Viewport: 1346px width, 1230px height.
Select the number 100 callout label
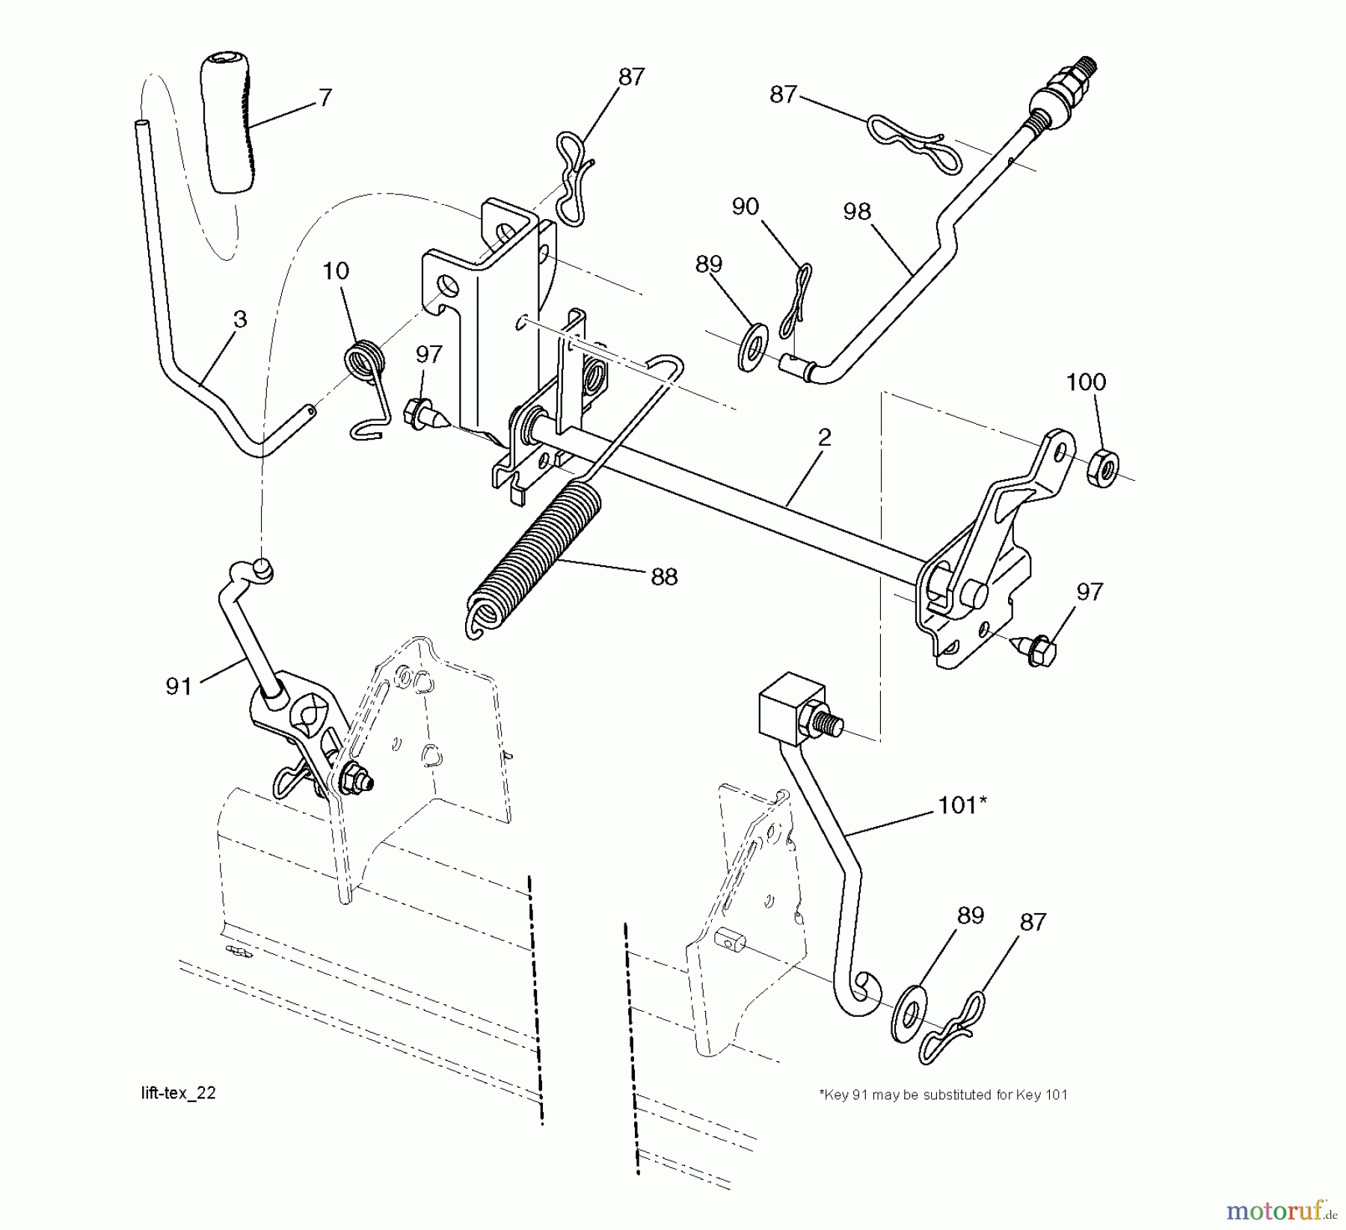(1086, 383)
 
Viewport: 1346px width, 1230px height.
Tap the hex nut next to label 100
(1102, 469)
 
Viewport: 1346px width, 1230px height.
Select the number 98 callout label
(857, 212)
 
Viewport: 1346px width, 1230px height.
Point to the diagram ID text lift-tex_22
(178, 1093)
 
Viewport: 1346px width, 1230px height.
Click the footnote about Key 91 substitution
(944, 1095)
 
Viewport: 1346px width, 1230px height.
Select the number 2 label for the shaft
(824, 438)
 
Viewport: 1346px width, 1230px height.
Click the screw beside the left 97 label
(425, 414)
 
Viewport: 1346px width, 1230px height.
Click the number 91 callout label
(179, 686)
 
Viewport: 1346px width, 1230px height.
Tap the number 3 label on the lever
(239, 319)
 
